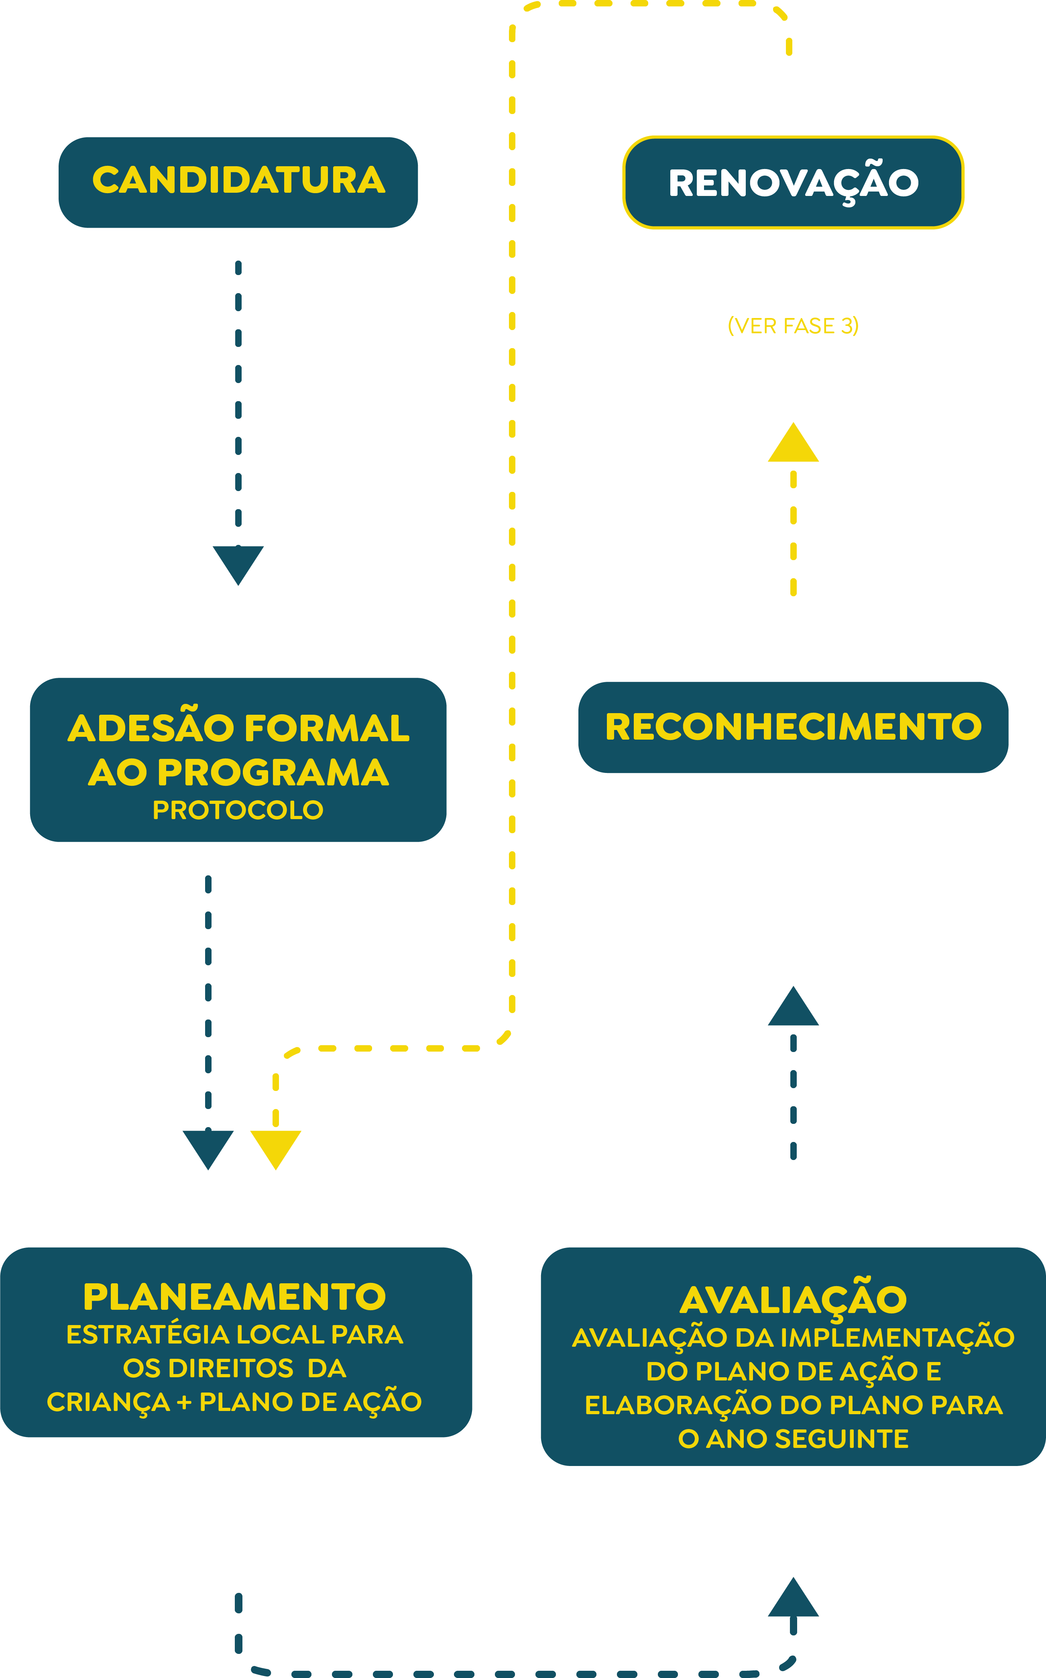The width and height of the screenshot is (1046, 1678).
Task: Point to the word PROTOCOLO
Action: click(x=238, y=809)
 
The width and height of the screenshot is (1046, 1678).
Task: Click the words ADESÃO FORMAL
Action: click(x=238, y=728)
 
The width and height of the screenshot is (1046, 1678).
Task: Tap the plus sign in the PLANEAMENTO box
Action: click(x=184, y=1402)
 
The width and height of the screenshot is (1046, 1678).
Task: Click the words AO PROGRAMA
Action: click(x=238, y=772)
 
